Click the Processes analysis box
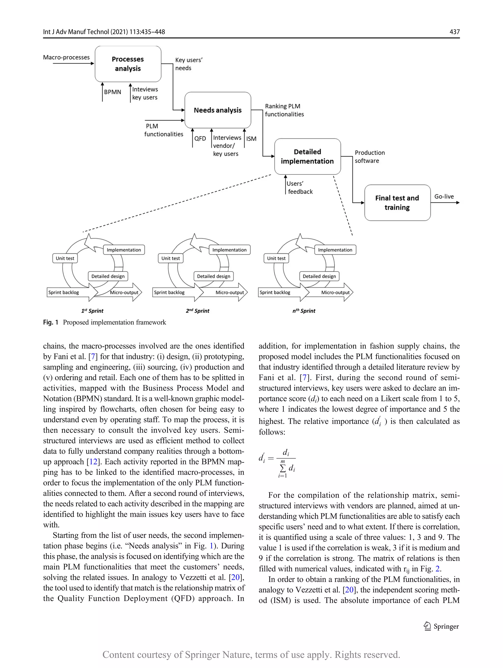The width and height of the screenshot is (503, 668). point(128,64)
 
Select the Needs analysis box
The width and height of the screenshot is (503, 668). point(218,110)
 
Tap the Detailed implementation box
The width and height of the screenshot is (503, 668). point(307,156)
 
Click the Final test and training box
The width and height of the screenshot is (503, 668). point(397,203)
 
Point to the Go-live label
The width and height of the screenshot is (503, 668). point(444,197)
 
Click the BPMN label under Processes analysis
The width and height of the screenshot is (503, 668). point(112,92)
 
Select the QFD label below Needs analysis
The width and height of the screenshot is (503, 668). point(200,139)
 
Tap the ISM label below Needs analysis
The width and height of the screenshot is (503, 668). point(251,139)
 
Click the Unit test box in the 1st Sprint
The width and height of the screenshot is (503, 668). point(65,258)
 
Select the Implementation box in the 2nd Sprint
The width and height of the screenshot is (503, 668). point(229,250)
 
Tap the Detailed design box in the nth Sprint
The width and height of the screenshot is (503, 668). point(319,276)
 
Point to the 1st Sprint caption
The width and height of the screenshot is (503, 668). point(92,311)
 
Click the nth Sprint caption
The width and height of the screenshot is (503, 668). point(304,311)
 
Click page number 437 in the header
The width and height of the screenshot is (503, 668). point(454,32)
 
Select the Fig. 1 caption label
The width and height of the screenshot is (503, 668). point(50,322)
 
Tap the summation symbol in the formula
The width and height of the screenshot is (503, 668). point(282,468)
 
